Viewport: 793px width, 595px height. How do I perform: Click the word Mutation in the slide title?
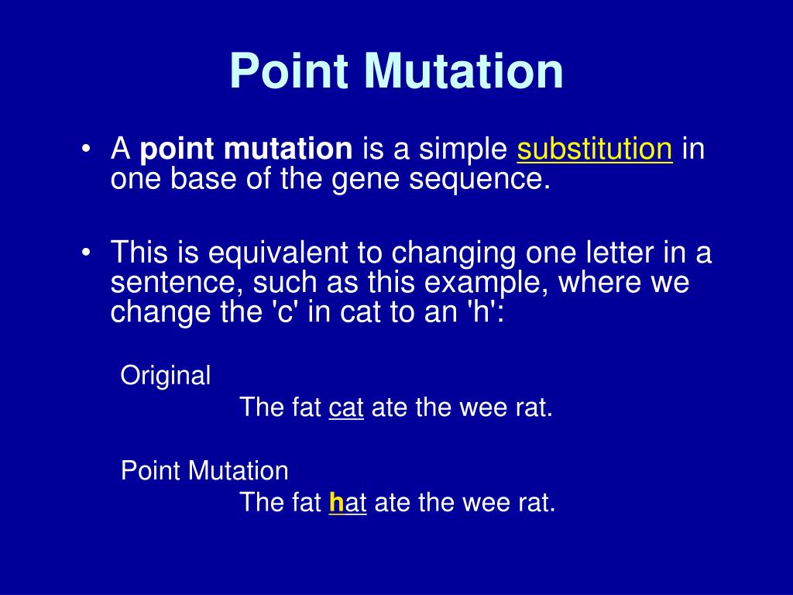coord(465,71)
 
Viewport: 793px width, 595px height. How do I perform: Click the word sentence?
coord(175,283)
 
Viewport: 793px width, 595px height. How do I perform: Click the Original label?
coord(166,376)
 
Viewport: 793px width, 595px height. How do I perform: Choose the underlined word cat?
coord(346,408)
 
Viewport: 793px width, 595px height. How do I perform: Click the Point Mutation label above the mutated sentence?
coord(204,470)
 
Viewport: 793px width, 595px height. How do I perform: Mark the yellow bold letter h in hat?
coord(336,503)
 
